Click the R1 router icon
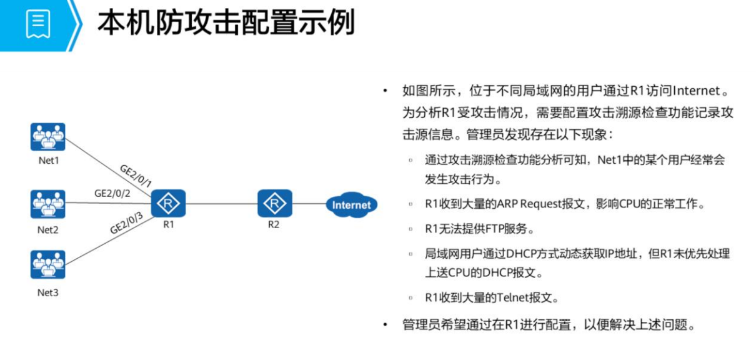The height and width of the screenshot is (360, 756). click(169, 203)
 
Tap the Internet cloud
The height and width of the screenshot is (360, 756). click(351, 204)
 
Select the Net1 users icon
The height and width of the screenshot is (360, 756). click(48, 137)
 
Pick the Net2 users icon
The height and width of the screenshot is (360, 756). click(48, 204)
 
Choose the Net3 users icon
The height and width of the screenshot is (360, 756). click(48, 264)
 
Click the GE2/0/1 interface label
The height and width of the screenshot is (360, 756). click(136, 176)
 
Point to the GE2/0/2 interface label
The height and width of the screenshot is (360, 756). click(112, 194)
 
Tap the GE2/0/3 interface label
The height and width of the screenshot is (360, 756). click(127, 224)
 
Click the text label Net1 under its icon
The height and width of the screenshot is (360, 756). click(48, 161)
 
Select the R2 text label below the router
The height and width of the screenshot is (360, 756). click(274, 224)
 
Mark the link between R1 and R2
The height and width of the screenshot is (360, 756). click(222, 203)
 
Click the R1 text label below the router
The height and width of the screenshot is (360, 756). click(169, 224)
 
